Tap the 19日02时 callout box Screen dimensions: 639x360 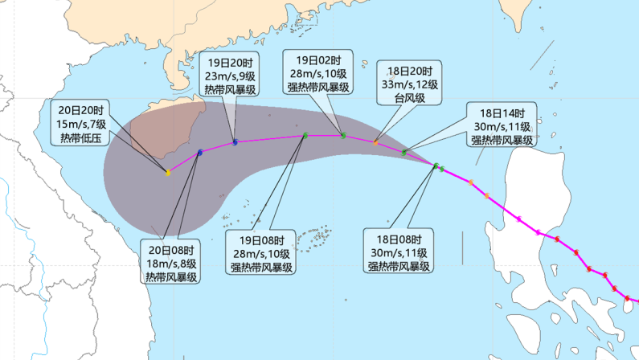coord(317,73)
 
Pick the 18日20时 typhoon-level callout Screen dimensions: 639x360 coord(410,84)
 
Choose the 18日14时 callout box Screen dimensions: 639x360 coord(501,126)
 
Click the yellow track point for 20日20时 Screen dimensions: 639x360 coord(168,172)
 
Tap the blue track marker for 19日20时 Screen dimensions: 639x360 coord(235,142)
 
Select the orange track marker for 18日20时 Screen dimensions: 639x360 coord(375,142)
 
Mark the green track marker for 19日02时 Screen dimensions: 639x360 coord(343,134)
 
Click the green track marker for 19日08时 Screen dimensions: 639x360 coord(305,135)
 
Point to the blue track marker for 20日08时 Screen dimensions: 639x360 coord(199,152)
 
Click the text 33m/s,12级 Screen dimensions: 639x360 coord(410,84)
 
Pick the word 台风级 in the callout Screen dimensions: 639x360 coord(410,97)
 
